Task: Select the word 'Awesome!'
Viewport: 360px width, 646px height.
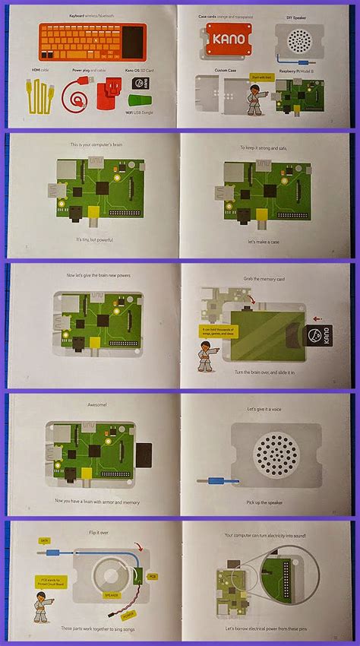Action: click(89, 405)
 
